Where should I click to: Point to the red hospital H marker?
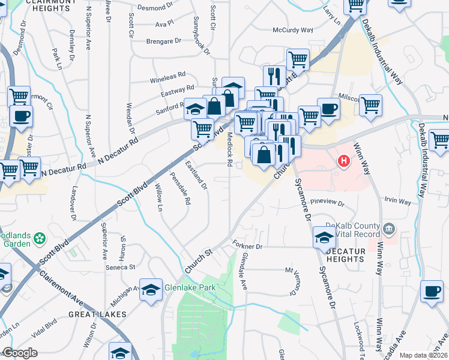click(344, 161)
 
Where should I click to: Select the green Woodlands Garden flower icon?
click(40, 239)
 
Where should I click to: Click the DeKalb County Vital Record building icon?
click(389, 228)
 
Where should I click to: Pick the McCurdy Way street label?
click(293, 30)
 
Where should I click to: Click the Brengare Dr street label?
click(163, 41)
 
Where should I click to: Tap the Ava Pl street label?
click(164, 24)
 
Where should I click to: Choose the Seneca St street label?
click(121, 267)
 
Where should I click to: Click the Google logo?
click(20, 353)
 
